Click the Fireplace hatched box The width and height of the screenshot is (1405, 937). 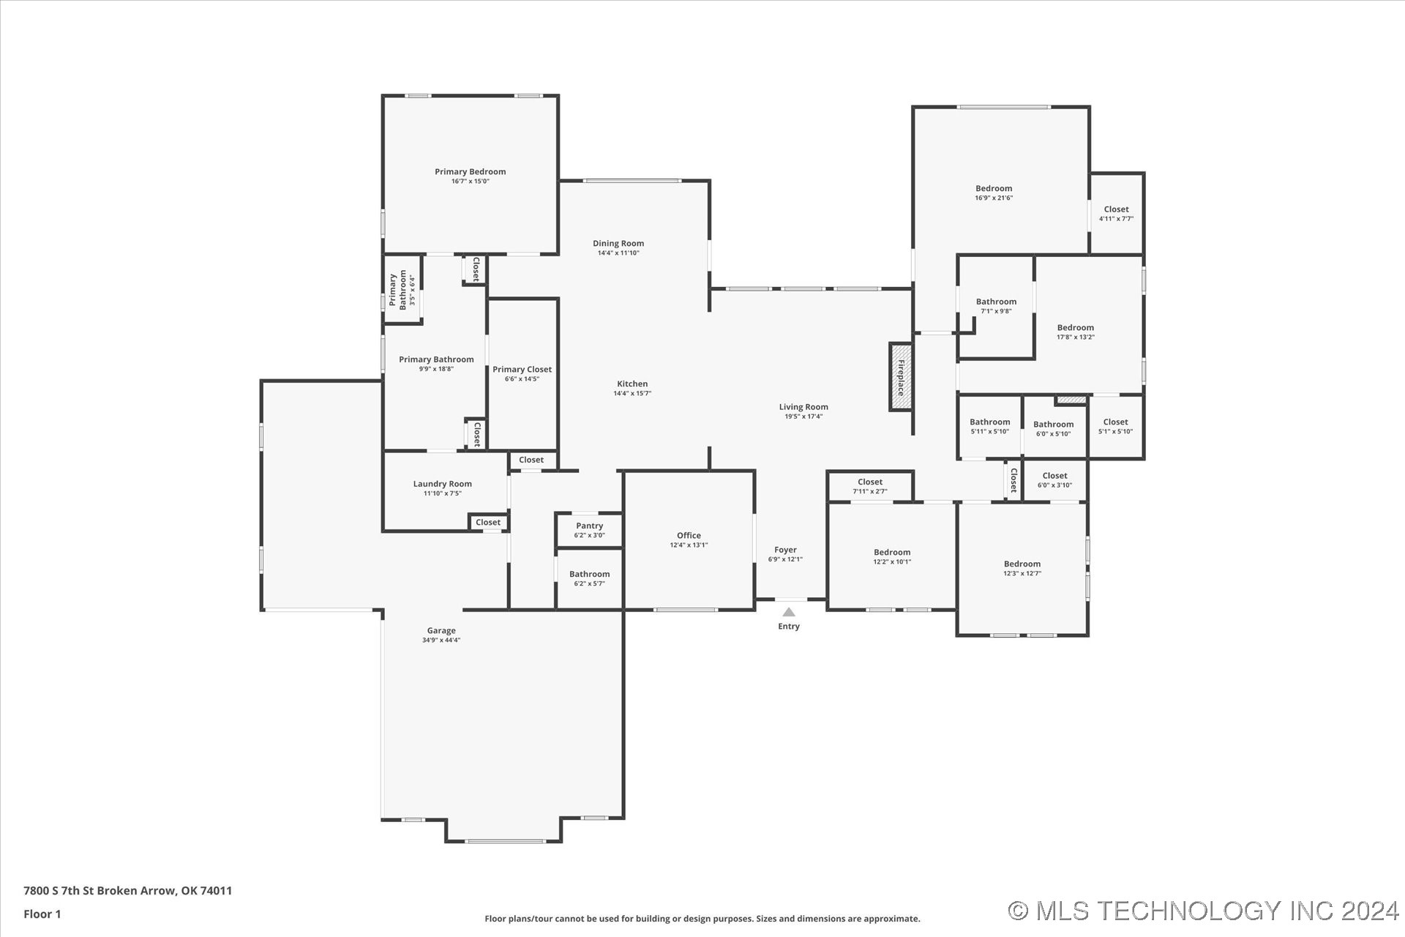click(x=901, y=377)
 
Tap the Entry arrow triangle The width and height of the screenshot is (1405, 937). click(x=789, y=612)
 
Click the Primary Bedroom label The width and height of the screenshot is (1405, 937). click(x=471, y=171)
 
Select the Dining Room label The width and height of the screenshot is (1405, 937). click(x=618, y=243)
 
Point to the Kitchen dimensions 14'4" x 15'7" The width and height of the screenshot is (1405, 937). click(x=632, y=393)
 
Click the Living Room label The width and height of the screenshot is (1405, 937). click(x=803, y=407)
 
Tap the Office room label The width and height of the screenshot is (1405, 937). click(x=689, y=535)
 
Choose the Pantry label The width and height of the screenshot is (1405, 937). click(x=589, y=526)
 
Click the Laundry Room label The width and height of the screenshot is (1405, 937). click(x=443, y=483)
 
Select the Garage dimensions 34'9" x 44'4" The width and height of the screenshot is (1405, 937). click(x=441, y=640)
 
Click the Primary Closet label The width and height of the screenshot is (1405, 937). click(x=522, y=369)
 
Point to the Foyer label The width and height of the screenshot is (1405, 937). click(x=785, y=550)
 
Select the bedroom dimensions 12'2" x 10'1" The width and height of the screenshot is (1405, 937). click(x=892, y=561)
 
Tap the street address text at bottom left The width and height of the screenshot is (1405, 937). click(x=128, y=891)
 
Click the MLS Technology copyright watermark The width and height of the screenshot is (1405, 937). click(x=1204, y=911)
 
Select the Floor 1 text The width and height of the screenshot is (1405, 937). click(x=42, y=914)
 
